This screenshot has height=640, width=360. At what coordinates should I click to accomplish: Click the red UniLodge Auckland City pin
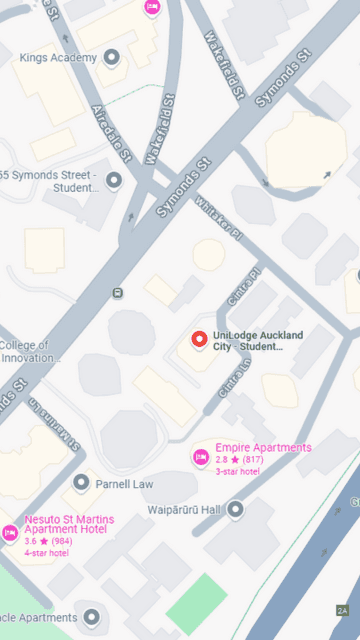coord(198,339)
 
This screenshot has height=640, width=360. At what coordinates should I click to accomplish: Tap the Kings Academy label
coord(58,57)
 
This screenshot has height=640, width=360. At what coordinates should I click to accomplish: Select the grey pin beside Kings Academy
coord(111,57)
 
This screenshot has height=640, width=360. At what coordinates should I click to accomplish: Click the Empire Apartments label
coord(263,447)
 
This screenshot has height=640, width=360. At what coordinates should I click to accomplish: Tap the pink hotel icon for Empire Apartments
coord(200,457)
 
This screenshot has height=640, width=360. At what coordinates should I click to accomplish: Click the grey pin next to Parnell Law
coord(82,483)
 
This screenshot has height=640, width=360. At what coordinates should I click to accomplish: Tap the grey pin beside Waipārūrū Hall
coord(236,509)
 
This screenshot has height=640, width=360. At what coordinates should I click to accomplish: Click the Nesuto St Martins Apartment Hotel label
coord(69,525)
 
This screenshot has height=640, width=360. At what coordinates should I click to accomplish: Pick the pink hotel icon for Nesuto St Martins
coord(10,532)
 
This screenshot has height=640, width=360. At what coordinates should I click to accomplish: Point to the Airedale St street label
coord(112,132)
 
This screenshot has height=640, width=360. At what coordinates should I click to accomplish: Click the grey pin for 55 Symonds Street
coord(113,180)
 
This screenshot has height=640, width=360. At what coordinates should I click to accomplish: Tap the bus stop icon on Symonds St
coord(118,293)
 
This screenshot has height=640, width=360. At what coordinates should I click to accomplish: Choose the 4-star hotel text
coord(46,553)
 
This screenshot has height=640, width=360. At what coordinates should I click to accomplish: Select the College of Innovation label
coord(30,352)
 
